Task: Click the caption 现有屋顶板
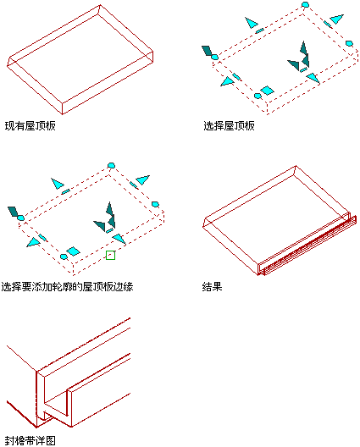30,125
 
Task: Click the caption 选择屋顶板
229,125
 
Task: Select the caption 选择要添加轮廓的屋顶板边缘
67,286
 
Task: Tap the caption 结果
212,286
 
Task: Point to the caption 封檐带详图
30,441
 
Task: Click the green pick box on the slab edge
110,255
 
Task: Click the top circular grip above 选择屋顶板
305,4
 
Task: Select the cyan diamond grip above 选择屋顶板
267,91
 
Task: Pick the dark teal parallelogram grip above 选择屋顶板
207,51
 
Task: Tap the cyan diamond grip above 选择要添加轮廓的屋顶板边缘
73,251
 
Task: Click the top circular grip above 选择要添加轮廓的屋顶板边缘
111,165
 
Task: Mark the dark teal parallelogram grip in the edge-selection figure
13,212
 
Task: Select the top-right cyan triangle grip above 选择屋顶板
336,19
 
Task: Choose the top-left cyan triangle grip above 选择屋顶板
251,23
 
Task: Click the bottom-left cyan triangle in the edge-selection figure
33,242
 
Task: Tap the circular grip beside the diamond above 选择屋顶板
258,96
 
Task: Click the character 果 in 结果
217,286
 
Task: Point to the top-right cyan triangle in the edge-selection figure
142,180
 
